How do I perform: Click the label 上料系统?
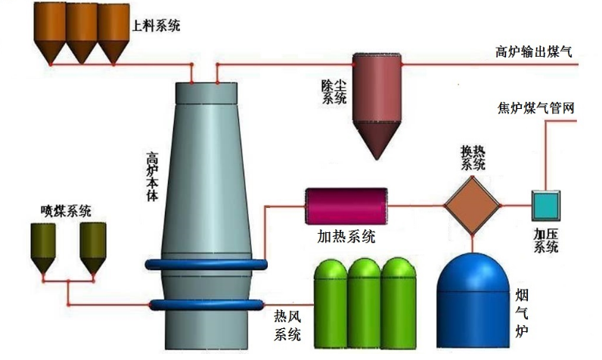157,26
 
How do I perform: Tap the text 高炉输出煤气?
534,51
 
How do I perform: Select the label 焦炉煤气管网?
536,107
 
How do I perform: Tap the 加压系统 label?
545,240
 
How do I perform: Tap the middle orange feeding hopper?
81,35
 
